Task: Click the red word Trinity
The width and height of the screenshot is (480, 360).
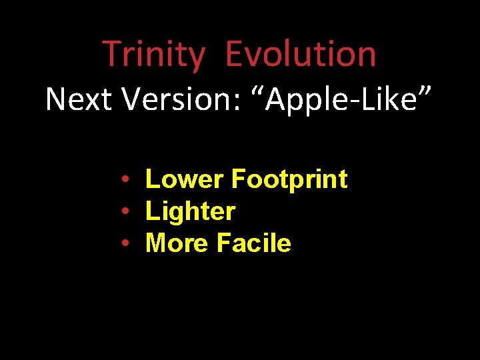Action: click(x=153, y=54)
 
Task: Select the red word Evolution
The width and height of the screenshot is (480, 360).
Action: click(x=301, y=54)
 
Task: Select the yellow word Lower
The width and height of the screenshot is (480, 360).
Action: click(x=184, y=179)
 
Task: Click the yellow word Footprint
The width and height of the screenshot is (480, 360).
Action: click(x=289, y=179)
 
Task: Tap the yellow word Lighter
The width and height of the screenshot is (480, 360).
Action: click(x=190, y=211)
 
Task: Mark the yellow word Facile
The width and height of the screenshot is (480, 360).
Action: click(x=253, y=243)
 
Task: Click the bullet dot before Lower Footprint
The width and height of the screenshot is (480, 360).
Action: click(x=125, y=180)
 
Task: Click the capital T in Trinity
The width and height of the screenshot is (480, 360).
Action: click(x=111, y=54)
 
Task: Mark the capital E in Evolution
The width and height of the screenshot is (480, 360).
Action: click(x=233, y=54)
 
